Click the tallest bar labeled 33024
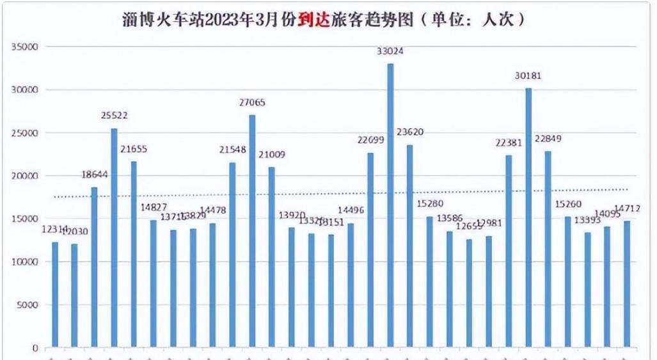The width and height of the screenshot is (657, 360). pyautogui.click(x=390, y=205)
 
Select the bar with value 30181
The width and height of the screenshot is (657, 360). pyautogui.click(x=528, y=217)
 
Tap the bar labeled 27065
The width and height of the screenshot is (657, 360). pyautogui.click(x=252, y=230)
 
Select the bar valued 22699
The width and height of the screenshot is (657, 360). pyautogui.click(x=370, y=249)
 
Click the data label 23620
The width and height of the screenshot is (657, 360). pyautogui.click(x=410, y=132)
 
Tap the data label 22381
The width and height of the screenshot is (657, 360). pyautogui.click(x=509, y=143)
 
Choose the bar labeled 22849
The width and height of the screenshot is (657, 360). pyautogui.click(x=548, y=249)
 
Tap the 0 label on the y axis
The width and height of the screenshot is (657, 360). pyautogui.click(x=36, y=348)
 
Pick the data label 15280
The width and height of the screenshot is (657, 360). pyautogui.click(x=429, y=203)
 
